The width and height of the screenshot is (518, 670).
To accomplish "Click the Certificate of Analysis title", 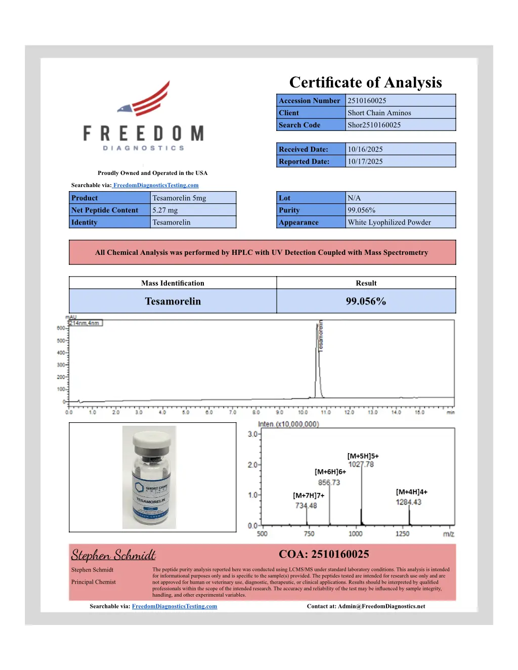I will pos(365,82).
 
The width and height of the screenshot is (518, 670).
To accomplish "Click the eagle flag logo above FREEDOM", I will pos(146,100).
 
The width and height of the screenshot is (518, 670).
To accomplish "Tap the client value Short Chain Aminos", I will pos(379,113).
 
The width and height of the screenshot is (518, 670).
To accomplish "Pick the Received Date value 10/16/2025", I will pos(365,149).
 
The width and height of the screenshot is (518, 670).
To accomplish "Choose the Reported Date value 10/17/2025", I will pos(365,161).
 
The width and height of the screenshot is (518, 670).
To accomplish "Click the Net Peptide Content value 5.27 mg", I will pos(165,210).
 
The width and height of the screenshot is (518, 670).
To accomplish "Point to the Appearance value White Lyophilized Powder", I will pos(389,222).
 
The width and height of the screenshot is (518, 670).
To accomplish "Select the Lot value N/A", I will pos(354,198).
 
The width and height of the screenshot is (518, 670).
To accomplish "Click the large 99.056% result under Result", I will pos(366,301).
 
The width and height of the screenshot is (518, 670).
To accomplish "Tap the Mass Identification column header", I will pos(172,283).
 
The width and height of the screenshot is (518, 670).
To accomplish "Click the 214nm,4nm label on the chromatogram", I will pos(84,323).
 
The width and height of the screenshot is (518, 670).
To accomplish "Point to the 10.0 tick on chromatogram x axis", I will pos(303,413).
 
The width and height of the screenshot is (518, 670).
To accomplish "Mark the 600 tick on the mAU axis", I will pos(61,328).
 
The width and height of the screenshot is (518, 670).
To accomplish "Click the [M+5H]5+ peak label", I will pos(363,456).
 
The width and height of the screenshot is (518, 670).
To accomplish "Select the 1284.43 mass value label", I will pos(408,502).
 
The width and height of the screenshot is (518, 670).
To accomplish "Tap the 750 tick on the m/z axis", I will pos(309,533).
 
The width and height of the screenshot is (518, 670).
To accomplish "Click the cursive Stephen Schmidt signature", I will pos(113,555).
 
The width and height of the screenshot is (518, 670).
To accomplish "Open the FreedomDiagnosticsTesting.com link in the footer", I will pos(175,606).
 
